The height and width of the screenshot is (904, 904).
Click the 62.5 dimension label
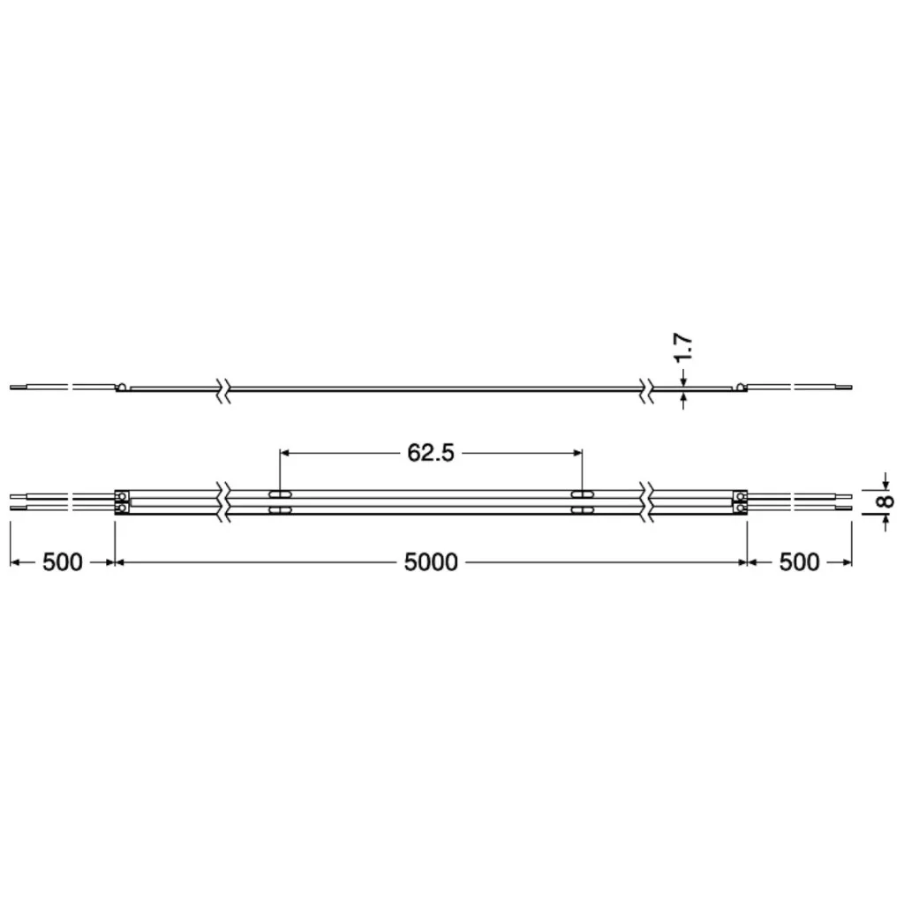pyautogui.click(x=431, y=453)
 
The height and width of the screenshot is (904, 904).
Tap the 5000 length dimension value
pyautogui.click(x=431, y=562)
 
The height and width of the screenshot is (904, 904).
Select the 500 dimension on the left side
pyautogui.click(x=63, y=562)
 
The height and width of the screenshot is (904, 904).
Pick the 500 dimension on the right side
pyautogui.click(x=799, y=562)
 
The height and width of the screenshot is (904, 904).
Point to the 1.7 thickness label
pyautogui.click(x=682, y=348)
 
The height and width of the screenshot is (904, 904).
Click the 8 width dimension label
pyautogui.click(x=885, y=501)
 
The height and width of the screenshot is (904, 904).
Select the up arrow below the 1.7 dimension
pyautogui.click(x=683, y=399)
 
